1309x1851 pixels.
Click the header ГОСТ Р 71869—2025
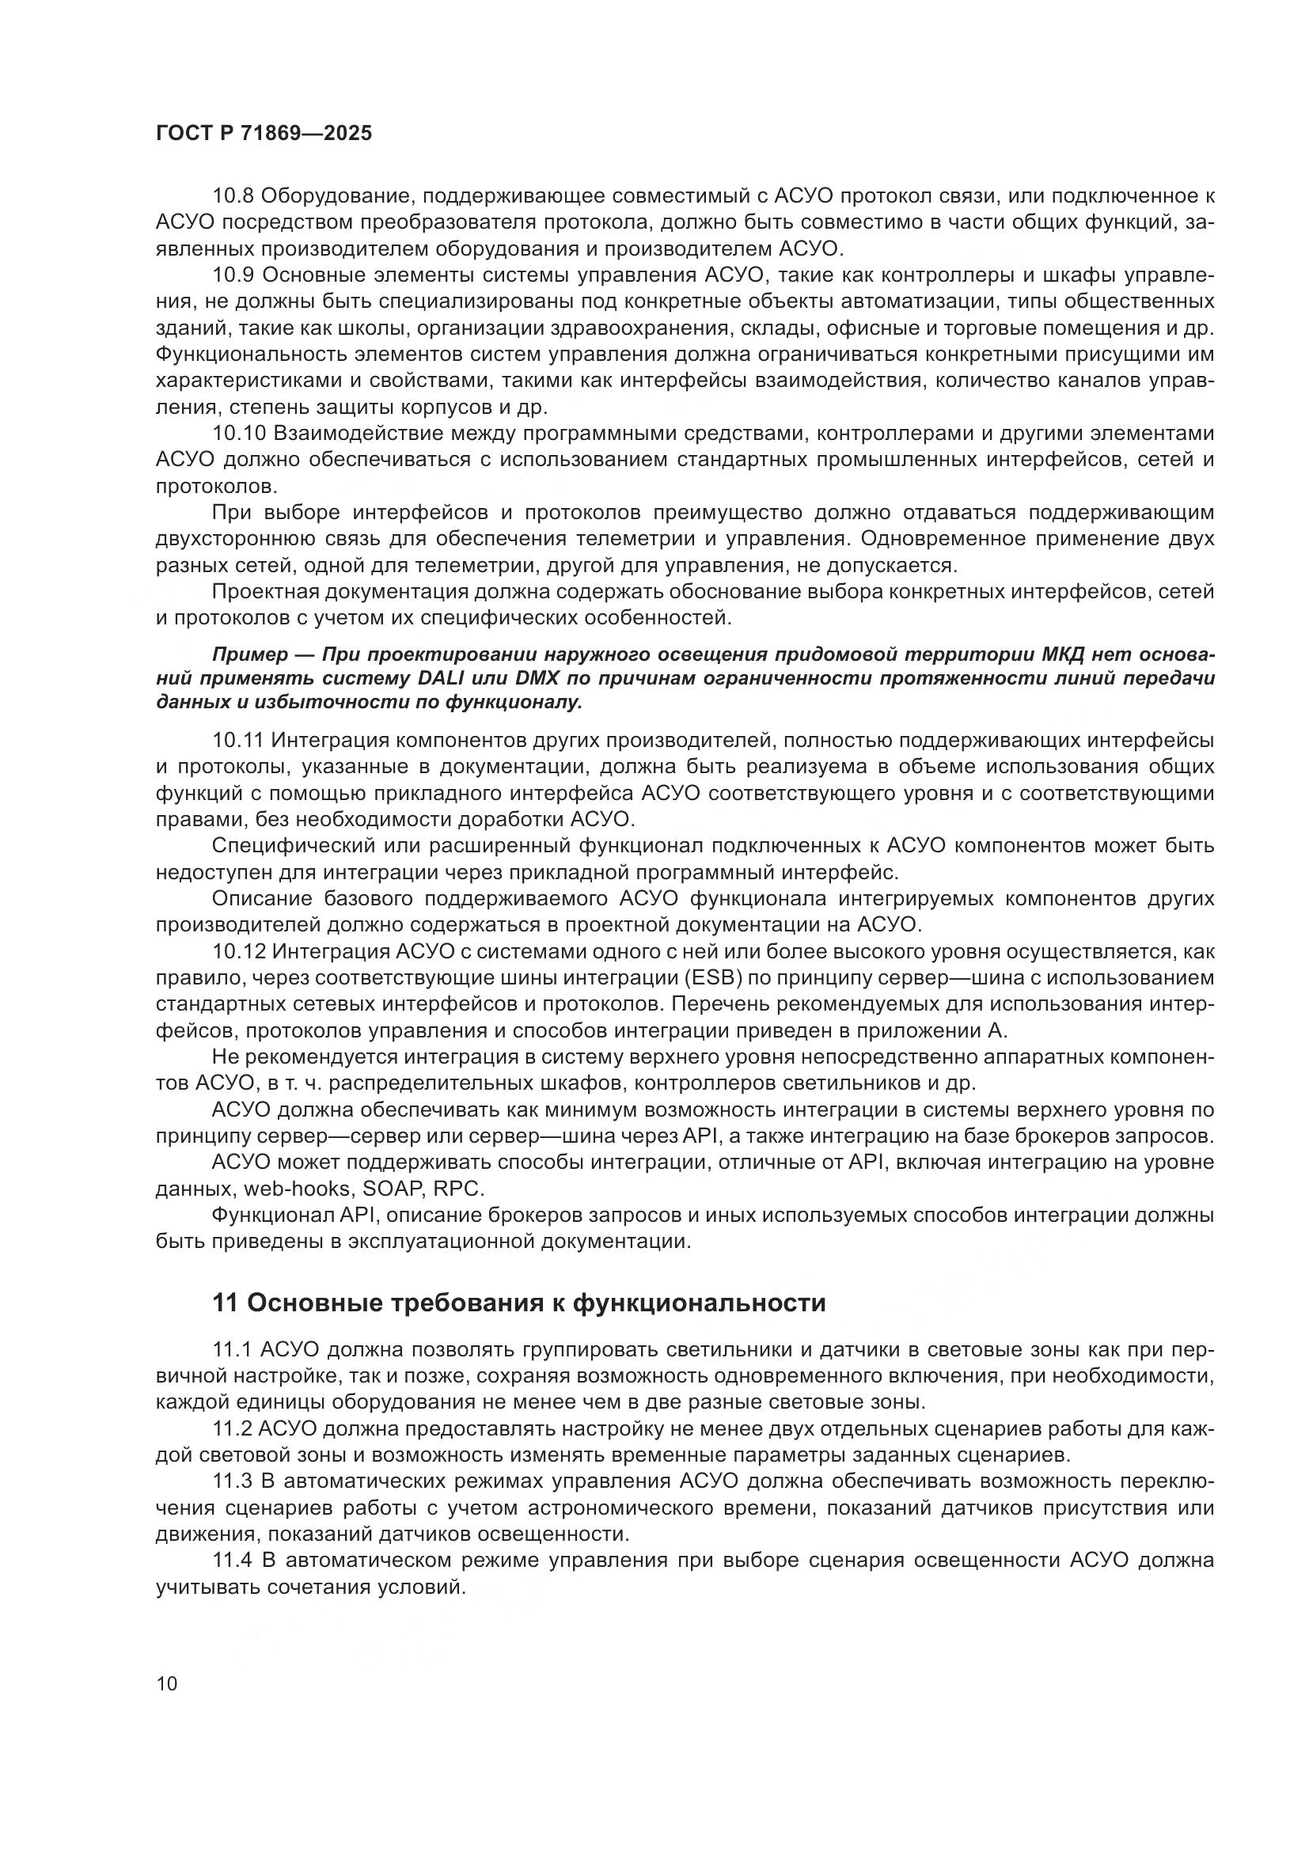[264, 134]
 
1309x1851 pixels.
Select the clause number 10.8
[233, 196]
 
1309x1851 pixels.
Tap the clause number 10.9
[233, 275]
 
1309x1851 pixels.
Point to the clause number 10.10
[238, 434]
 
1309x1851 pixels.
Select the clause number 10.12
[238, 952]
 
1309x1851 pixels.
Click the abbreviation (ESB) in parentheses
[685, 979]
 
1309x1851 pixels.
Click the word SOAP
[393, 1189]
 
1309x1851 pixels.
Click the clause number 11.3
[233, 1481]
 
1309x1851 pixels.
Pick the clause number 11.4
[233, 1560]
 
